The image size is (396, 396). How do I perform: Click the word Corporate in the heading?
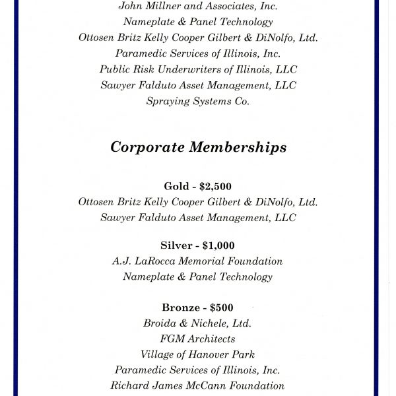147,147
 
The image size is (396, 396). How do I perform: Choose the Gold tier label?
176,187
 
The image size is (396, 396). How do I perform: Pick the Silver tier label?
176,246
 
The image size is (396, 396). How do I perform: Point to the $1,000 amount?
218,246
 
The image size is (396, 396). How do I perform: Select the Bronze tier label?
180,308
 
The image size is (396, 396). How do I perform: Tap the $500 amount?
221,308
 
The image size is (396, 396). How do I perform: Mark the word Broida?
160,323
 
